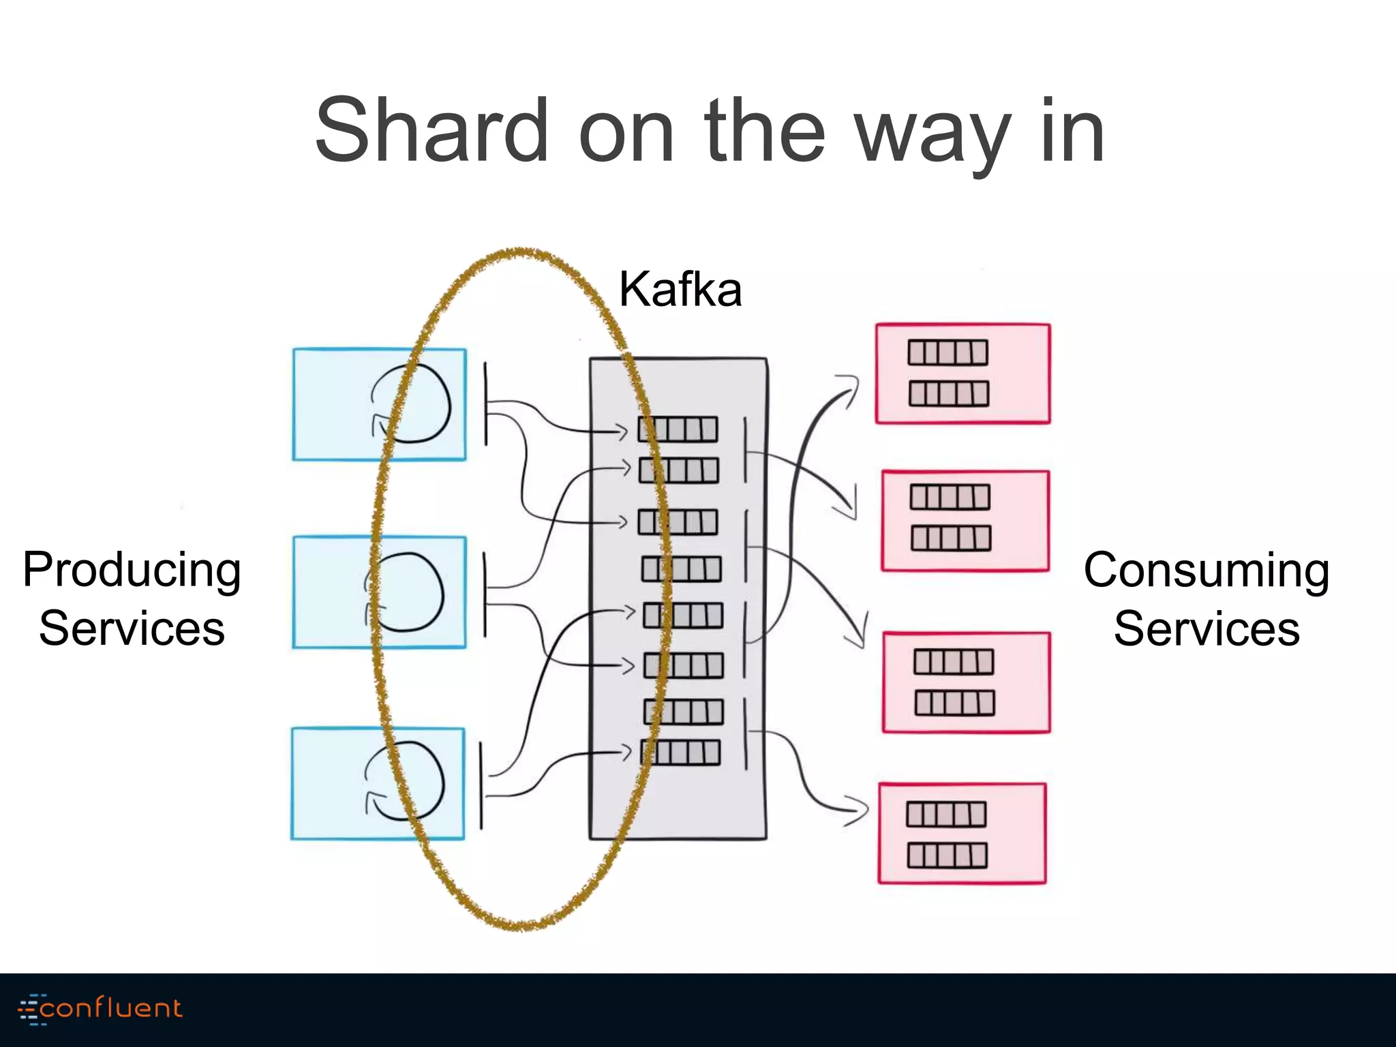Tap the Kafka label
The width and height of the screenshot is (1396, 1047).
(680, 290)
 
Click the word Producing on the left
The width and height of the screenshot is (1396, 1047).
(132, 571)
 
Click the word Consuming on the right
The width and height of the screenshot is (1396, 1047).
(1206, 571)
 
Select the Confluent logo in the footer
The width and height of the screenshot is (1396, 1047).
(100, 1008)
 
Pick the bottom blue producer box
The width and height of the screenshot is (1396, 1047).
(327, 784)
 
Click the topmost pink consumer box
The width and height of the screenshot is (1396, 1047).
(962, 374)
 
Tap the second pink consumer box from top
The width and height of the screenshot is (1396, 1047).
(965, 520)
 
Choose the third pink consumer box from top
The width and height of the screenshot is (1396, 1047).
(966, 682)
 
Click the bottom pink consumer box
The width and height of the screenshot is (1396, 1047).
(962, 834)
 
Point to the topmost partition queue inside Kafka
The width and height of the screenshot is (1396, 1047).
(678, 429)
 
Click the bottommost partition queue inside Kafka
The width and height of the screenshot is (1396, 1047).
(680, 753)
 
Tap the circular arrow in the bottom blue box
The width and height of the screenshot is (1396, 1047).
(405, 780)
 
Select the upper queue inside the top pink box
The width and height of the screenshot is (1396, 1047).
(947, 353)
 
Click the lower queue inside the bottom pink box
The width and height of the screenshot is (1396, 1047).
(947, 855)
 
